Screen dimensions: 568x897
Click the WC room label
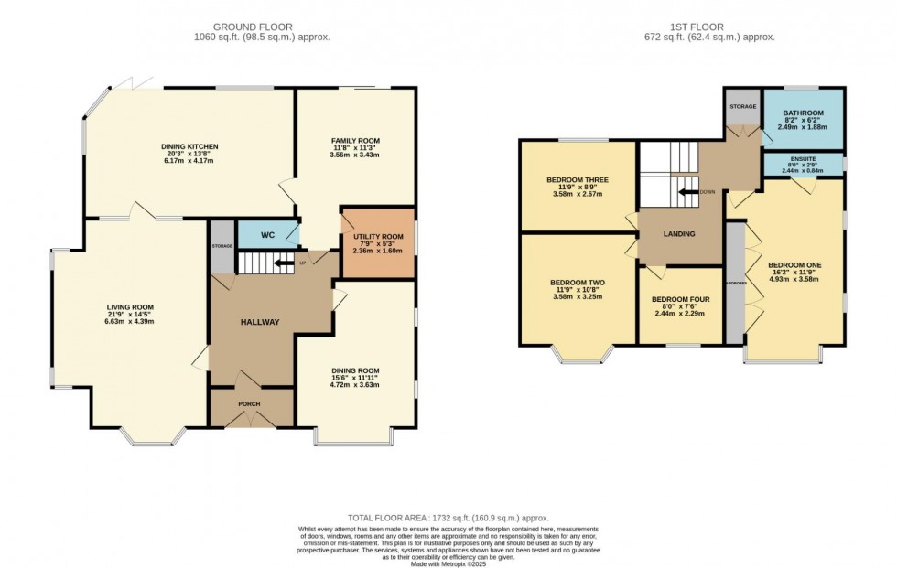coord(268,235)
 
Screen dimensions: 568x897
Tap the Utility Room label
coord(378,237)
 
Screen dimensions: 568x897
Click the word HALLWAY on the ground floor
coord(260,321)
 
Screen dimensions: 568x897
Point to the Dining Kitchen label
coord(189,146)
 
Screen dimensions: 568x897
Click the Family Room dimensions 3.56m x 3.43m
coord(355,155)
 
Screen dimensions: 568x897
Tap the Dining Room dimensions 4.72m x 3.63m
coord(355,386)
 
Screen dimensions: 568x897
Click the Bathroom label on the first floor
coord(803,113)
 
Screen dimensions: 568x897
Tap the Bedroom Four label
coord(678,299)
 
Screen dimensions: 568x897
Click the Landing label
coord(678,234)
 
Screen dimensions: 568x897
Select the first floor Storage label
coord(742,107)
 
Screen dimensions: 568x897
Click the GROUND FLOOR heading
coord(263,26)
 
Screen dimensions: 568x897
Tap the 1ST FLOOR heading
coord(708,26)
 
